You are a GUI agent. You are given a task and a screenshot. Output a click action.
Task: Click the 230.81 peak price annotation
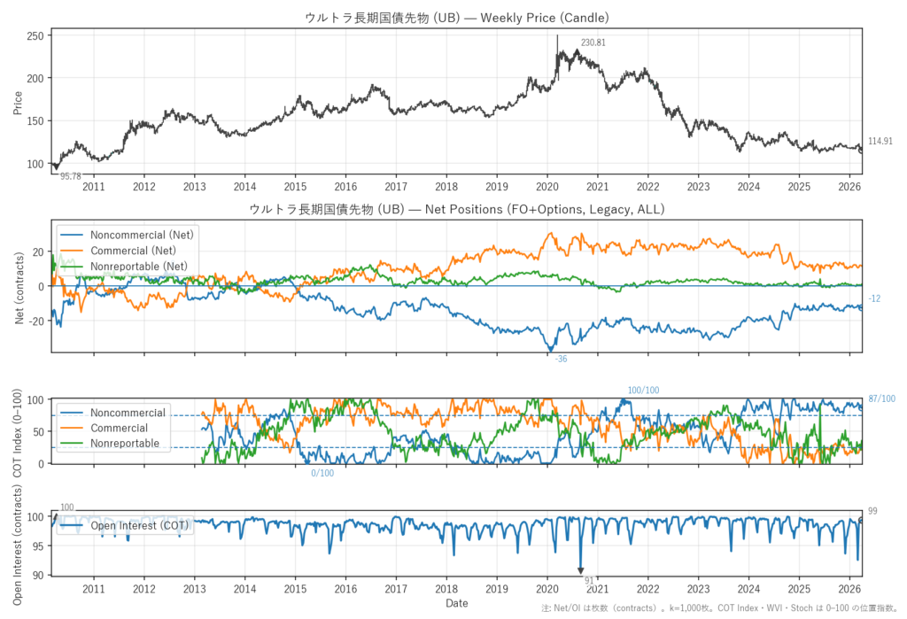[593, 43]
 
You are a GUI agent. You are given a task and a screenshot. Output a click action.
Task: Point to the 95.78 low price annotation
[70, 176]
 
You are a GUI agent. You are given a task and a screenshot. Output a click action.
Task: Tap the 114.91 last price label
[880, 142]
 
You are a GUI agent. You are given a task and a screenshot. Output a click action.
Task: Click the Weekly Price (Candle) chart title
[456, 18]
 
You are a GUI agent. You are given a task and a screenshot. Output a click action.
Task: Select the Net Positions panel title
[456, 210]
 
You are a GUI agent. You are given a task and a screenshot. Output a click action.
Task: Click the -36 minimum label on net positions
[560, 359]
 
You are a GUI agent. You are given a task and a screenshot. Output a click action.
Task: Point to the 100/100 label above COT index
[643, 391]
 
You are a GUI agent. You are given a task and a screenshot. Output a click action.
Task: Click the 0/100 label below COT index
[323, 473]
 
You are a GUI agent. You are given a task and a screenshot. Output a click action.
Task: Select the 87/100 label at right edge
[882, 399]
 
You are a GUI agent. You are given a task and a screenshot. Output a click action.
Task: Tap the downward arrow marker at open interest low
[580, 571]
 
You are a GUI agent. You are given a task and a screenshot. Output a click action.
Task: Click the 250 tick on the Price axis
[35, 35]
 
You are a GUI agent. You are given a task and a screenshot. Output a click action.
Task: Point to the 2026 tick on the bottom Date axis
[849, 588]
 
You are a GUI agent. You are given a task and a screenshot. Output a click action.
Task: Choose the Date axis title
[456, 603]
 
